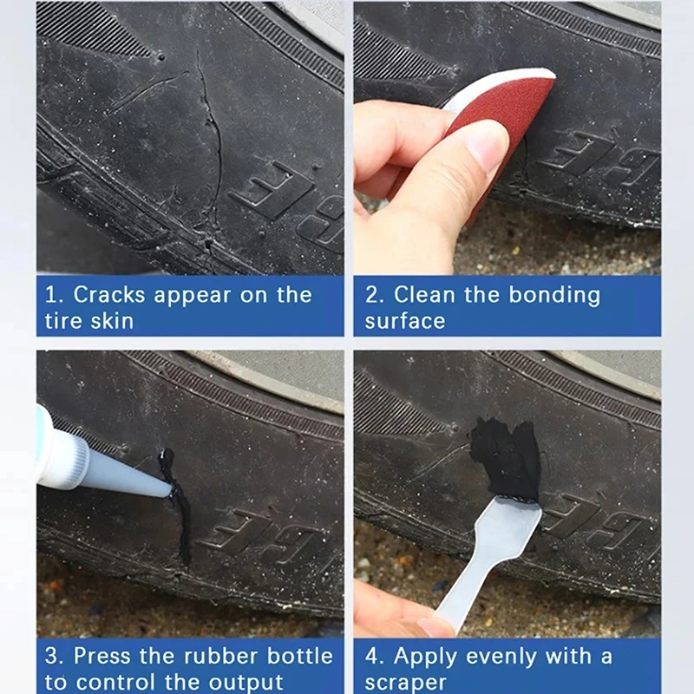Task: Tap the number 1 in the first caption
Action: (50, 294)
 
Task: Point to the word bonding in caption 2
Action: (552, 294)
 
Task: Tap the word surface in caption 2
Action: (405, 320)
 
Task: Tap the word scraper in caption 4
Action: (405, 681)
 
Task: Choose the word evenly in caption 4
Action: (511, 655)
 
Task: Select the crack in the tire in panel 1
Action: (211, 139)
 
